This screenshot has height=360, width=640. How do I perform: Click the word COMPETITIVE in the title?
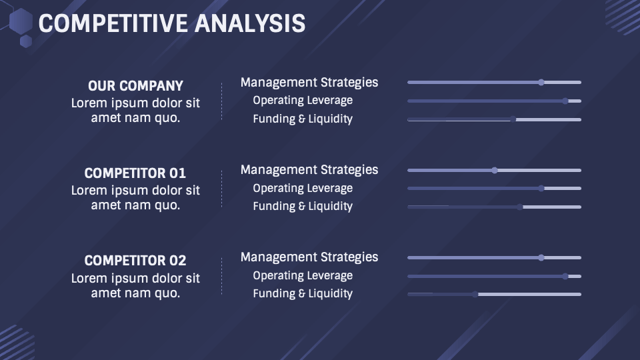click(x=113, y=23)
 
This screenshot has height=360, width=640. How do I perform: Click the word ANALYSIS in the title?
click(x=250, y=23)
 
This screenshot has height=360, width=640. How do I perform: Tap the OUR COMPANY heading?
click(x=135, y=86)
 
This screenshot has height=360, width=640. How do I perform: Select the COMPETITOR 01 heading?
click(x=135, y=173)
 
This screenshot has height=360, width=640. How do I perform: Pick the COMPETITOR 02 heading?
click(x=135, y=261)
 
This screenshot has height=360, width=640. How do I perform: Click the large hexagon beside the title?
click(x=21, y=21)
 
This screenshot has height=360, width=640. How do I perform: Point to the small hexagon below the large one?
click(x=26, y=41)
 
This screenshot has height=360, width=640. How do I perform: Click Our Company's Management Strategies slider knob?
click(x=541, y=83)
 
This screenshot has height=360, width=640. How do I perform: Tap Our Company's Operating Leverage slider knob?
click(x=565, y=101)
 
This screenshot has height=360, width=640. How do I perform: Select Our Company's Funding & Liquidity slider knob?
click(x=513, y=119)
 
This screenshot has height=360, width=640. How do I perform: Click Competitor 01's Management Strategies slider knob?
click(x=495, y=170)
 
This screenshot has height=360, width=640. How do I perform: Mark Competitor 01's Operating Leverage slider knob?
click(x=541, y=189)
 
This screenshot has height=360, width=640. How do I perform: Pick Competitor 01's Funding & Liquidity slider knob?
click(x=520, y=207)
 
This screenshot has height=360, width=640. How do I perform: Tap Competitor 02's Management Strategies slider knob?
click(x=541, y=257)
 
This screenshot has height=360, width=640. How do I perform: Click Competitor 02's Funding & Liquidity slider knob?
click(x=475, y=294)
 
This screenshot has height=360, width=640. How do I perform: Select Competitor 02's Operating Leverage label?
click(x=303, y=276)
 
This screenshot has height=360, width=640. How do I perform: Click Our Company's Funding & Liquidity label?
click(x=303, y=119)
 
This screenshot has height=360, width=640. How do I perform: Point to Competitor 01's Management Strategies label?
click(x=309, y=170)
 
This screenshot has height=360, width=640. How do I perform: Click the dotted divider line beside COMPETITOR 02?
click(x=221, y=276)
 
